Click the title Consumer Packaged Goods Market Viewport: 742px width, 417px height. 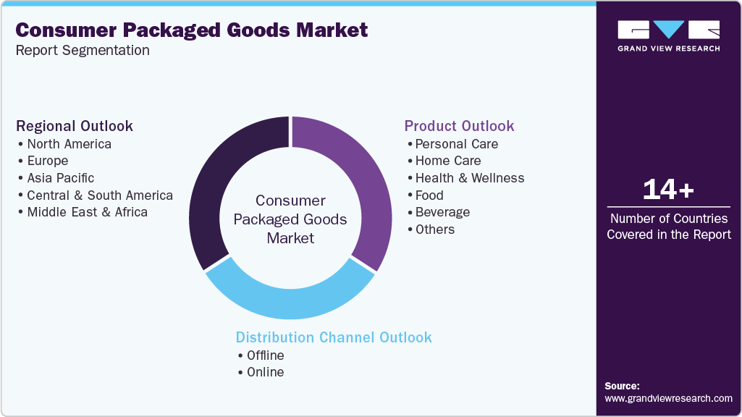click(192, 30)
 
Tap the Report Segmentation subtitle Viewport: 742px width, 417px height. click(83, 50)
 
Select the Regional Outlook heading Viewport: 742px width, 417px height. click(75, 126)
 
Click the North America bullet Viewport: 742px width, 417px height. click(69, 143)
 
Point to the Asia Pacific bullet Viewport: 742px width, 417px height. click(60, 177)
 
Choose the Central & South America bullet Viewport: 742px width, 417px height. click(99, 195)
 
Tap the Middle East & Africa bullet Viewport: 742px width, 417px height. click(87, 212)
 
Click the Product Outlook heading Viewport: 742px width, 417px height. click(459, 126)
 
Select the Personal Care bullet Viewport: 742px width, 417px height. click(456, 143)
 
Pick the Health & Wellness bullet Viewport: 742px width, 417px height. click(469, 177)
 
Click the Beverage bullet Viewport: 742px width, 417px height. click(442, 212)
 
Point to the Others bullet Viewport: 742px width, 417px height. click(434, 229)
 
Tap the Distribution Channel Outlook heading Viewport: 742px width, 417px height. click(334, 337)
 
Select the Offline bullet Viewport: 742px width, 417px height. click(265, 355)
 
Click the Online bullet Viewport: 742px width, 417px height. click(265, 372)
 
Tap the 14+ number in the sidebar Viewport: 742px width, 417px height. click(668, 190)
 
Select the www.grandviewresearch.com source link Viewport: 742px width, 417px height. click(668, 398)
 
